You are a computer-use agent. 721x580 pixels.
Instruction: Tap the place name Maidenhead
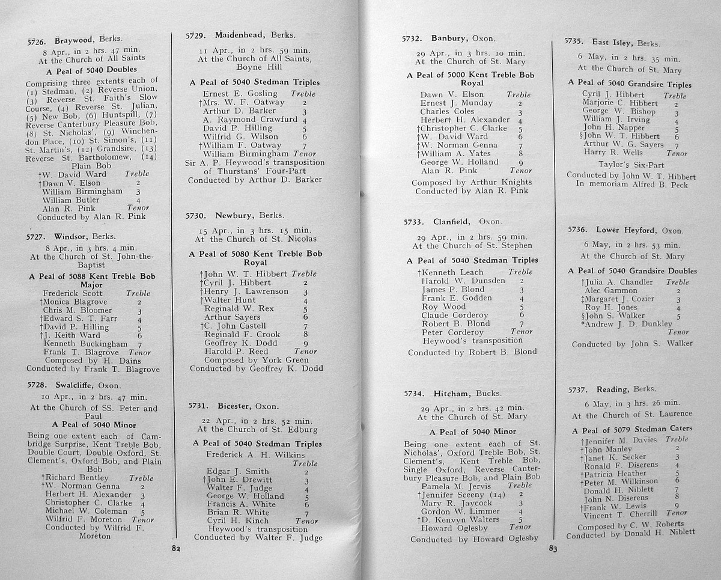239,35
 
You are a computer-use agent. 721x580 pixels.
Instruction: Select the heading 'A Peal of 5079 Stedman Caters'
632,429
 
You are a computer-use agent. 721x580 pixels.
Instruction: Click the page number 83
553,548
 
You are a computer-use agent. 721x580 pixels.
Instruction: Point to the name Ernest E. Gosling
240,94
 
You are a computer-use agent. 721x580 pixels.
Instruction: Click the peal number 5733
414,222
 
